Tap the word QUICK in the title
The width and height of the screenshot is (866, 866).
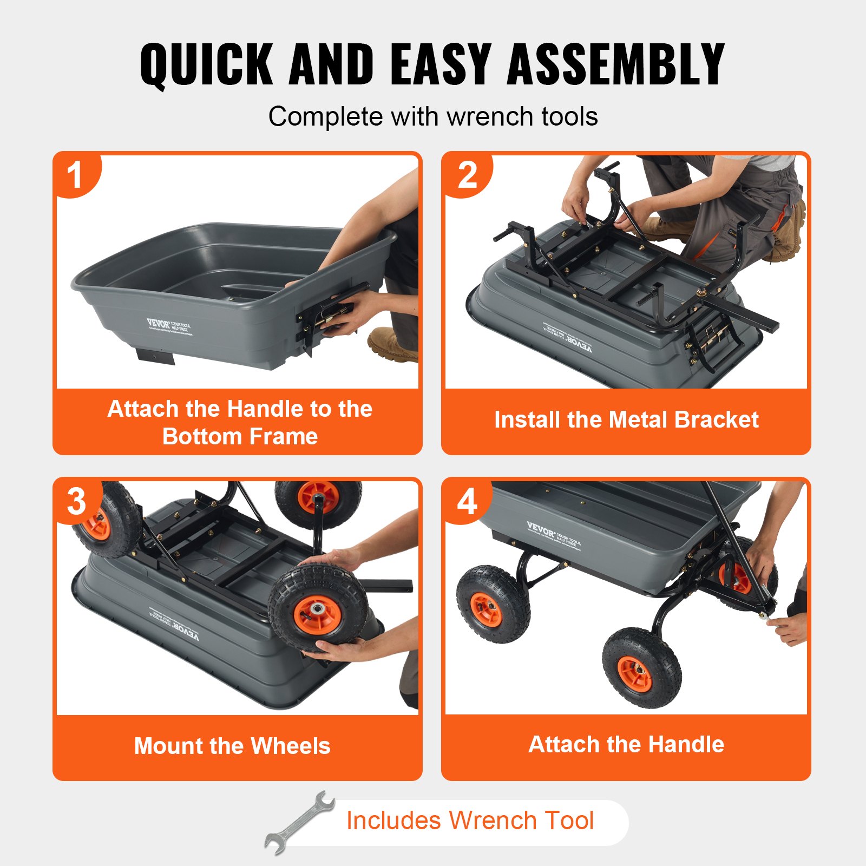pyautogui.click(x=206, y=65)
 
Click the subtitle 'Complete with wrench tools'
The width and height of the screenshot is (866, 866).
pyautogui.click(x=433, y=116)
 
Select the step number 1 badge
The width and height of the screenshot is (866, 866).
pyautogui.click(x=75, y=175)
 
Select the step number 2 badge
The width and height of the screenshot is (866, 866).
pyautogui.click(x=467, y=175)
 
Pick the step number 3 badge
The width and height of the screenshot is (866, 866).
pyautogui.click(x=76, y=501)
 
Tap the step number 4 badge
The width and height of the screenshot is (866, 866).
pyautogui.click(x=467, y=501)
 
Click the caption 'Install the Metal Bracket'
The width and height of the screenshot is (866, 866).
pyautogui.click(x=626, y=420)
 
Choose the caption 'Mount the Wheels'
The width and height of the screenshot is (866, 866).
pyautogui.click(x=232, y=746)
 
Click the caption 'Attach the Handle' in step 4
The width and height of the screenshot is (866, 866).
pyautogui.click(x=626, y=744)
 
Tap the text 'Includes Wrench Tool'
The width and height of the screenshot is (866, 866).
pyautogui.click(x=470, y=821)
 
